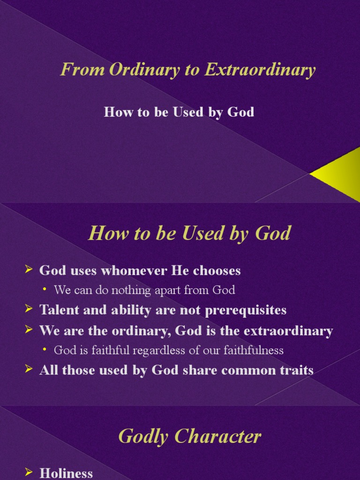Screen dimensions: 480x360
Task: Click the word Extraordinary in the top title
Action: click(260, 70)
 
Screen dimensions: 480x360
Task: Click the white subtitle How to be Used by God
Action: click(179, 112)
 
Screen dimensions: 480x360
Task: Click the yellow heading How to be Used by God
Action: click(189, 233)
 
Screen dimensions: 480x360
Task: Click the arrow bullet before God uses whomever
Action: click(29, 270)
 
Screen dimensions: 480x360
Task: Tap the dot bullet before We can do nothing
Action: click(45, 290)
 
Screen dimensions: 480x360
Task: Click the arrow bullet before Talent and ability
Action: click(29, 309)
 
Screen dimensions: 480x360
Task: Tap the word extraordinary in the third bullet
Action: click(288, 331)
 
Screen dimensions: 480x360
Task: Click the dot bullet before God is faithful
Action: click(45, 350)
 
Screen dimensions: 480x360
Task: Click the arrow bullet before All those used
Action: click(29, 369)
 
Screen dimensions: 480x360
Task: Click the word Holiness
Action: click(66, 473)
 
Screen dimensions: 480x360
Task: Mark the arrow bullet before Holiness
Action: click(29, 472)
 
